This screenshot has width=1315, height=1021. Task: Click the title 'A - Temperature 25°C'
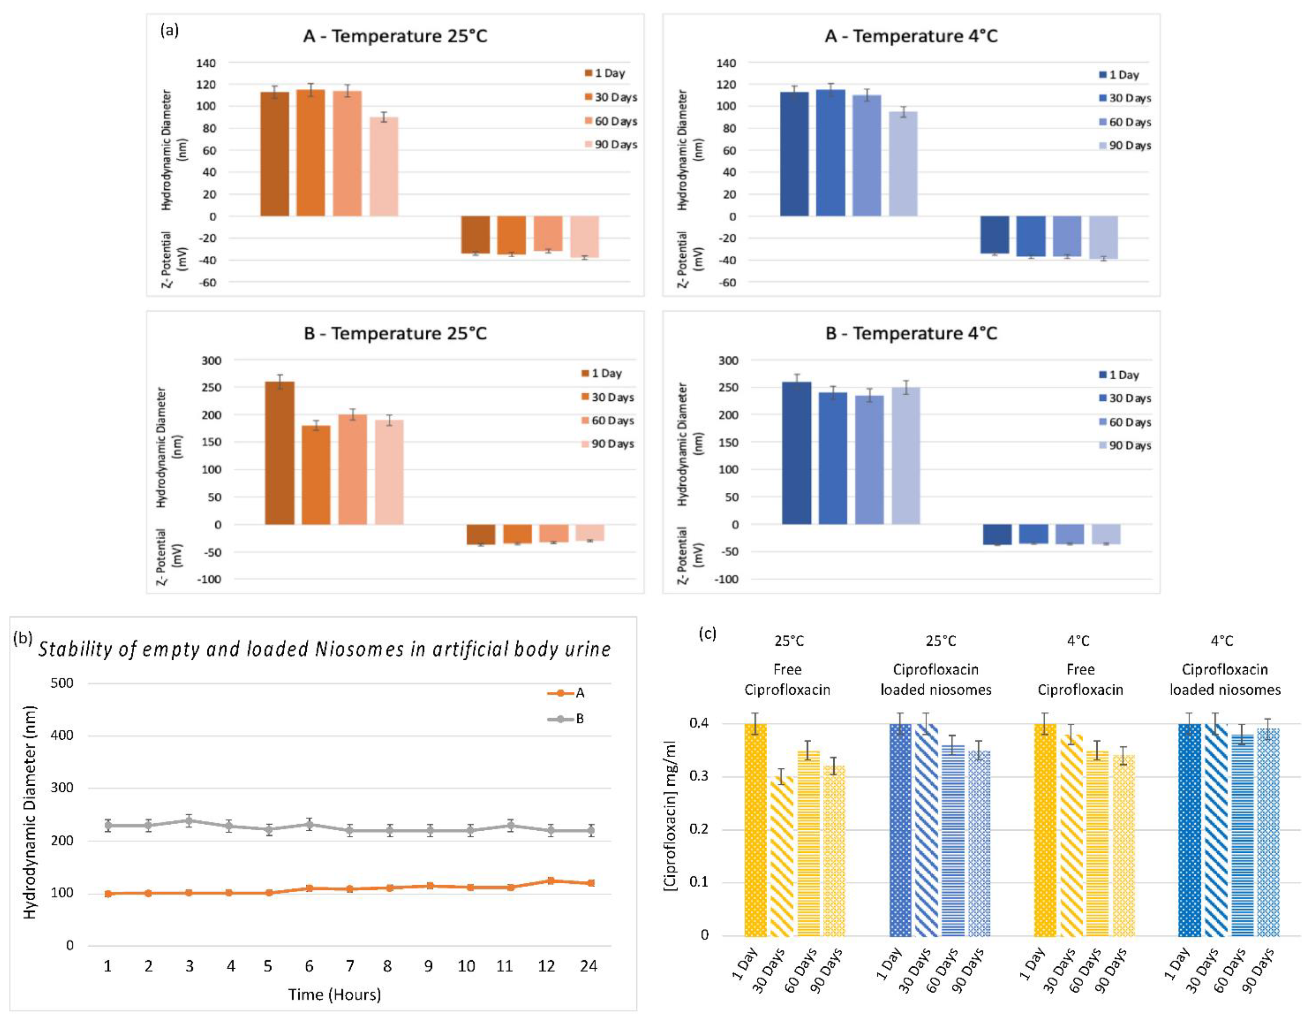pos(395,36)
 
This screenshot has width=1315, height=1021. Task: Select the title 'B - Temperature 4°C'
pos(911,333)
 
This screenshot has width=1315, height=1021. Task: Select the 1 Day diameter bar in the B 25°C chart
pos(280,453)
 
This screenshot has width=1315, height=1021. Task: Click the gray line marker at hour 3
pos(189,820)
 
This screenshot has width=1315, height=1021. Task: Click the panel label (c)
pos(707,634)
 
